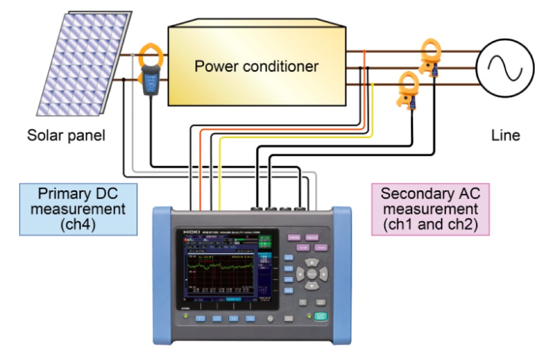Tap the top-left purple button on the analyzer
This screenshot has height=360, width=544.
pyautogui.click(x=294, y=238)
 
